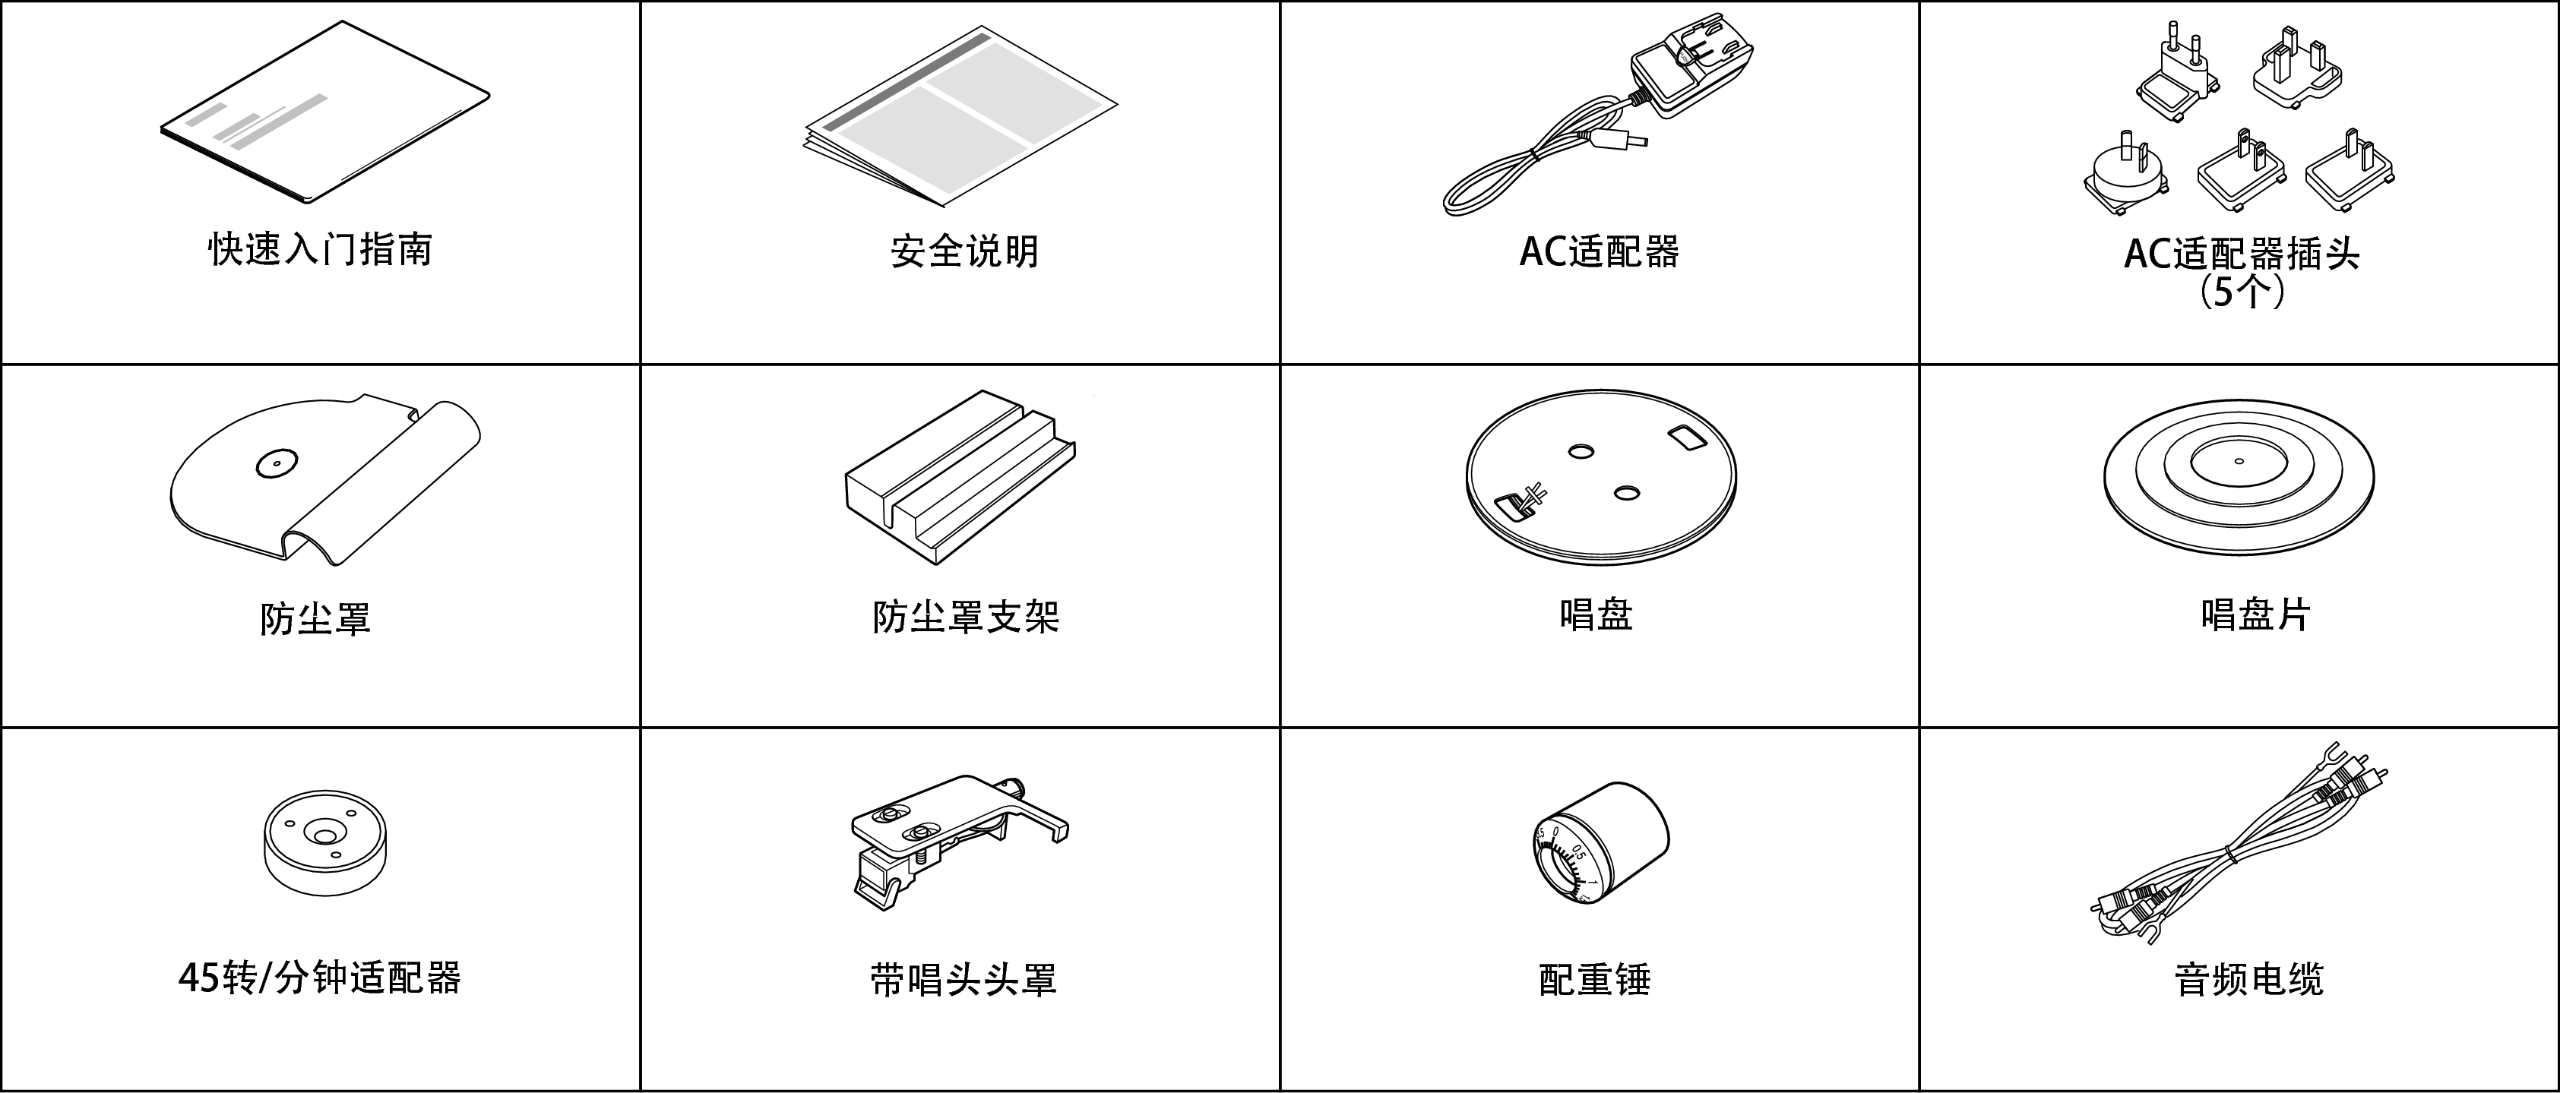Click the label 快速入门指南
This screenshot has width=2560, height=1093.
(320, 249)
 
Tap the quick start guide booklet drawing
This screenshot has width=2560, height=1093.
(325, 112)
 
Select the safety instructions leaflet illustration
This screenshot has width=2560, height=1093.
(960, 116)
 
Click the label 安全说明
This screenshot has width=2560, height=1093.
(964, 251)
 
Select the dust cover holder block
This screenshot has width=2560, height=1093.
(960, 478)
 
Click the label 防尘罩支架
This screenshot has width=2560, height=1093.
(966, 617)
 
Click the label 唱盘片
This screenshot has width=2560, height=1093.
(2255, 615)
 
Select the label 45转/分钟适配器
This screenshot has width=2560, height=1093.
(320, 979)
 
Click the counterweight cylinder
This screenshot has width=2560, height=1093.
(1601, 842)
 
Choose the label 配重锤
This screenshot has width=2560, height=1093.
(1595, 980)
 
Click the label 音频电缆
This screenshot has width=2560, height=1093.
(2249, 980)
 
